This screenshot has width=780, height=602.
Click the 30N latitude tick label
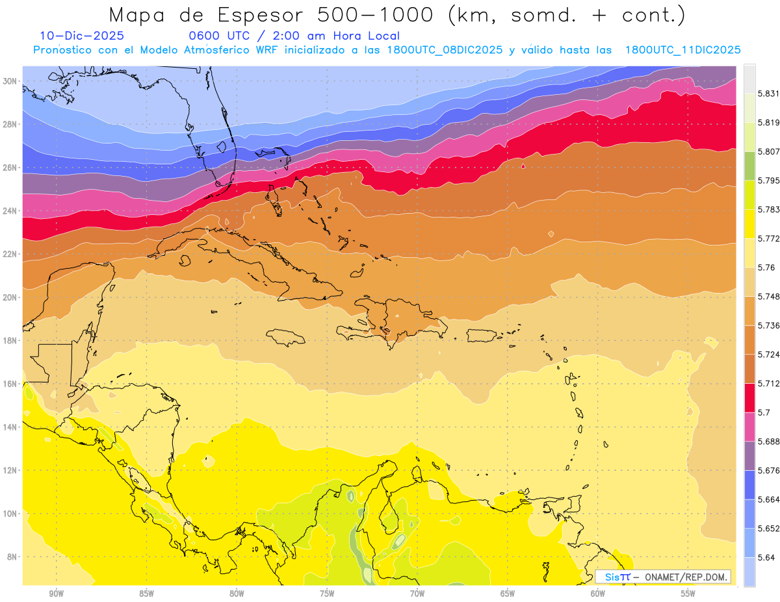[10, 81]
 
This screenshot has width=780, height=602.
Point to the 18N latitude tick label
[10, 340]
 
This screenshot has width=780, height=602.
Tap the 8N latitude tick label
[12, 557]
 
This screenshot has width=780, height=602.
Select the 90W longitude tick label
[56, 593]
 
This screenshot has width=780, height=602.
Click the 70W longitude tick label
[417, 593]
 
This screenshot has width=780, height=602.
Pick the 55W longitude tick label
[688, 593]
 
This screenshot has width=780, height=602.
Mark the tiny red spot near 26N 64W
[523, 166]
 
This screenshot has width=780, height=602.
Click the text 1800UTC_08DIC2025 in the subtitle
[445, 50]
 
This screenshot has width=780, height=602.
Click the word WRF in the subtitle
[267, 50]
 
